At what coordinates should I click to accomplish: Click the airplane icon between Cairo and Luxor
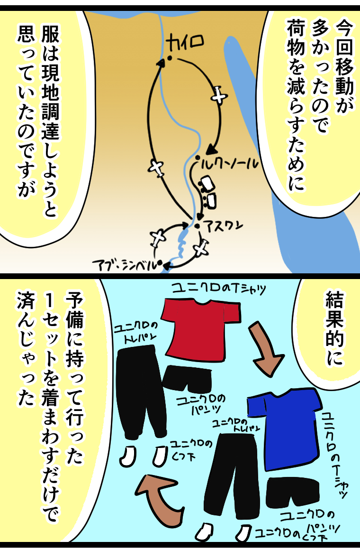(218, 95)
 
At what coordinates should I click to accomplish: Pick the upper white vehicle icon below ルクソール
(207, 183)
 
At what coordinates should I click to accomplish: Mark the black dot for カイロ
(169, 59)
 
